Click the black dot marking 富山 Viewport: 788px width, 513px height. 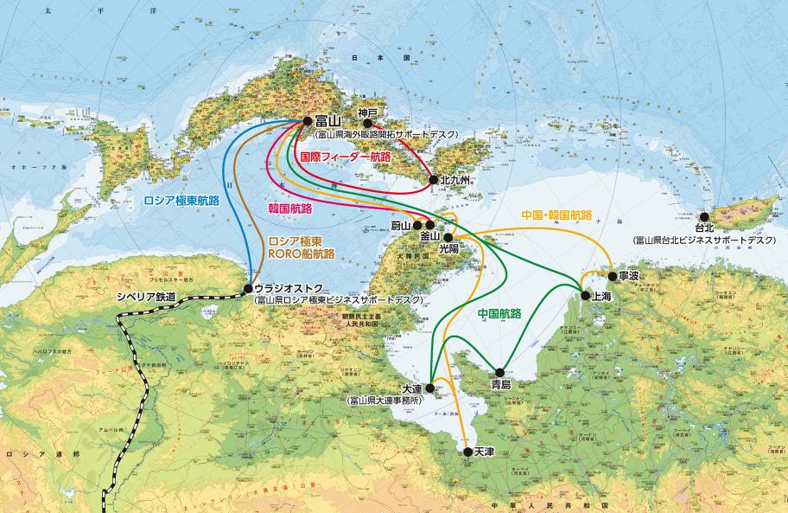(x=308, y=122)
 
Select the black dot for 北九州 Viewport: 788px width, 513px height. (x=433, y=181)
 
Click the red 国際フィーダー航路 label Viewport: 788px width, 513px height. (x=345, y=157)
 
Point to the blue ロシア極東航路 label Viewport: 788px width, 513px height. (x=181, y=200)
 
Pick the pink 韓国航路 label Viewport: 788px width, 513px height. (x=290, y=208)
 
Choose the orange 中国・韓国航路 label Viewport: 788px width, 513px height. (x=557, y=214)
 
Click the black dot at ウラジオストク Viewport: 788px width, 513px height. (x=248, y=288)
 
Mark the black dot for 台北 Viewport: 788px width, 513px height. (x=705, y=216)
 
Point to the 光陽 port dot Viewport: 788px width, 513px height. (x=448, y=236)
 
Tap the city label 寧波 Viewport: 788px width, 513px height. (x=629, y=276)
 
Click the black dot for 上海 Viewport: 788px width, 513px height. (x=585, y=296)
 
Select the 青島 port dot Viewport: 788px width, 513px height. (x=499, y=373)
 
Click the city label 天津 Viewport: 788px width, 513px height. (x=483, y=452)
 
